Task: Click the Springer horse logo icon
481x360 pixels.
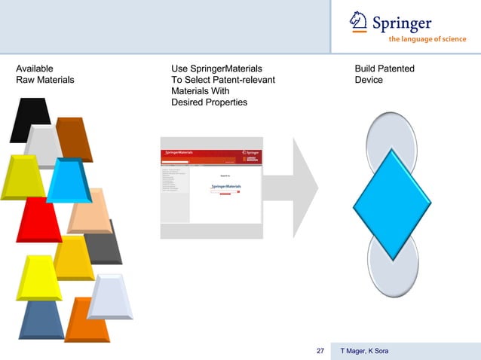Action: click(360, 23)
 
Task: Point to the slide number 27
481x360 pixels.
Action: click(320, 351)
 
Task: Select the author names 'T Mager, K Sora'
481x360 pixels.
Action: click(365, 351)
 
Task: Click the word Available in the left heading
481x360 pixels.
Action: click(35, 69)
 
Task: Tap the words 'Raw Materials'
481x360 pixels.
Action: click(45, 80)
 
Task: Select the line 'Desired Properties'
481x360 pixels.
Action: click(209, 102)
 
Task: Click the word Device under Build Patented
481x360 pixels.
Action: click(369, 80)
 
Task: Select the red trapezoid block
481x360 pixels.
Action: click(38, 218)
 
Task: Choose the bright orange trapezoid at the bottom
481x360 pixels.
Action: click(87, 320)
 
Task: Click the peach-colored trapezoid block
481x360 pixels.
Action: click(90, 211)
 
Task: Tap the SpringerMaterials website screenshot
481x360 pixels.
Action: click(210, 188)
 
